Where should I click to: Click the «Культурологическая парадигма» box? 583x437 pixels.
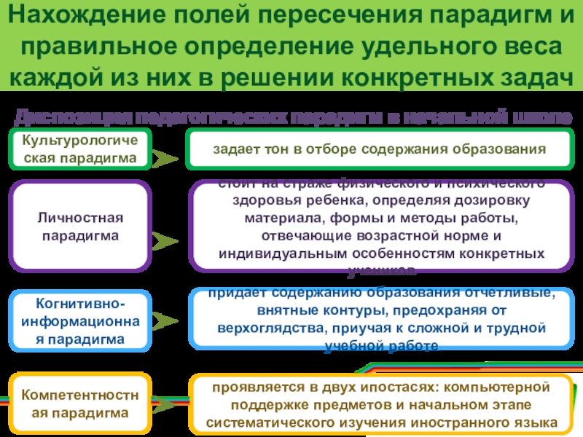coord(79,149)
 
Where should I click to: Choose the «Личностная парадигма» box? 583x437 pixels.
coord(81,227)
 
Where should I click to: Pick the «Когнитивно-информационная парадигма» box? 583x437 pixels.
coord(81,320)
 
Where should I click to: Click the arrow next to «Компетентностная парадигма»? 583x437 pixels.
coord(168,405)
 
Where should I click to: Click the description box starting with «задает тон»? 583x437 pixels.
coord(379,149)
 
